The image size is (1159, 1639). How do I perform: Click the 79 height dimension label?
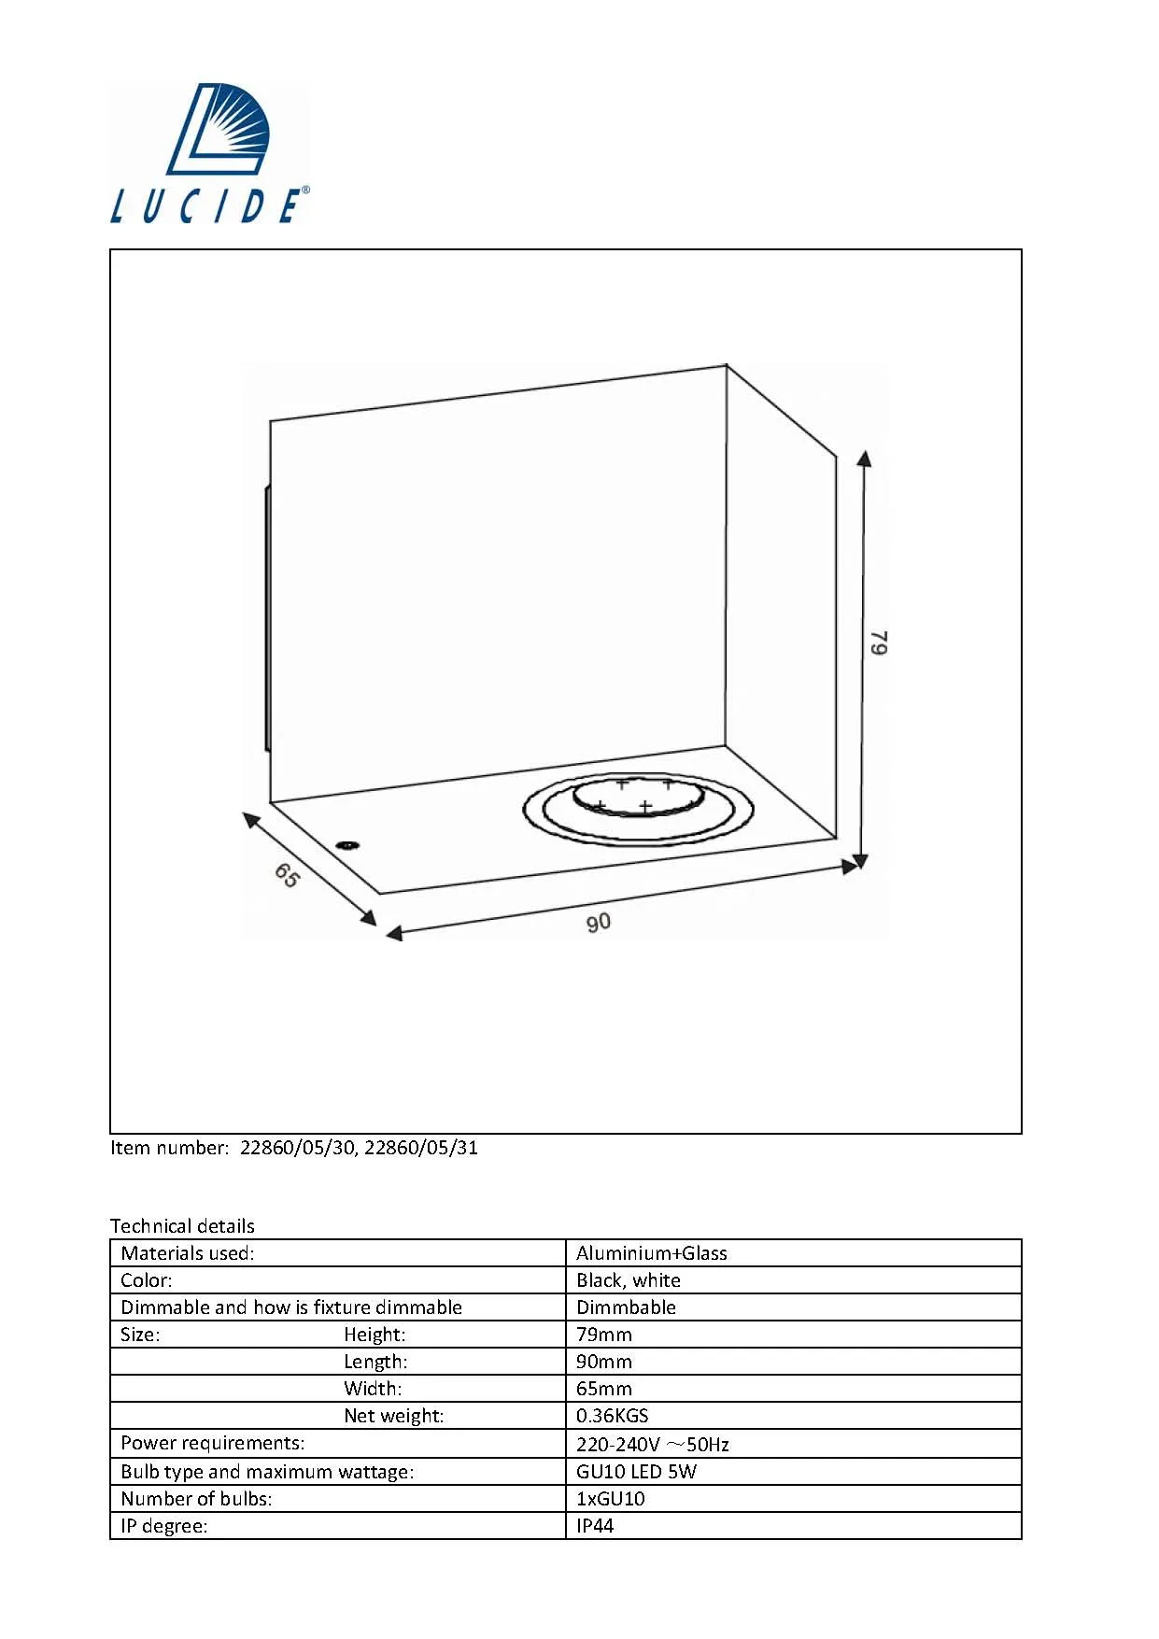(879, 643)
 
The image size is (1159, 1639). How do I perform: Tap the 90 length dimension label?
(599, 923)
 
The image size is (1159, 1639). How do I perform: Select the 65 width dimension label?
(287, 875)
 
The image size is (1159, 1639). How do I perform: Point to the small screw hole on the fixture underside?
(347, 845)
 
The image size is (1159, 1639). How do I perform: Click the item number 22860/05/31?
(421, 1148)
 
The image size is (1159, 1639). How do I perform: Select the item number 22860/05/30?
(297, 1148)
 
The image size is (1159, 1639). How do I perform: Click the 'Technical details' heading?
(182, 1226)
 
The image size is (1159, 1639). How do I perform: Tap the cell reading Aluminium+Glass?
(652, 1253)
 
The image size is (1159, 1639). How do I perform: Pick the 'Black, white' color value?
(629, 1280)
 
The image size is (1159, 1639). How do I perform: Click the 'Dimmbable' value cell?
(626, 1307)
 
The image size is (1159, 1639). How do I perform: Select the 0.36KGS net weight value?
(612, 1416)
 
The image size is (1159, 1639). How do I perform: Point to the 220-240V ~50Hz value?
(653, 1445)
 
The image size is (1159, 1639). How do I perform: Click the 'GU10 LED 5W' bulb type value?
(636, 1472)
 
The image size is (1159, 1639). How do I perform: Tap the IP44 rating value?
(595, 1526)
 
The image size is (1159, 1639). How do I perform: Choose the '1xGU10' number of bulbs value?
(611, 1499)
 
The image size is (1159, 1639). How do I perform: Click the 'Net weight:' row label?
(394, 1416)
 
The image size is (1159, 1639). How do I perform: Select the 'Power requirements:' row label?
(213, 1443)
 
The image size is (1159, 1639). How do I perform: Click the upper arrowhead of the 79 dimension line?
(865, 458)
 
